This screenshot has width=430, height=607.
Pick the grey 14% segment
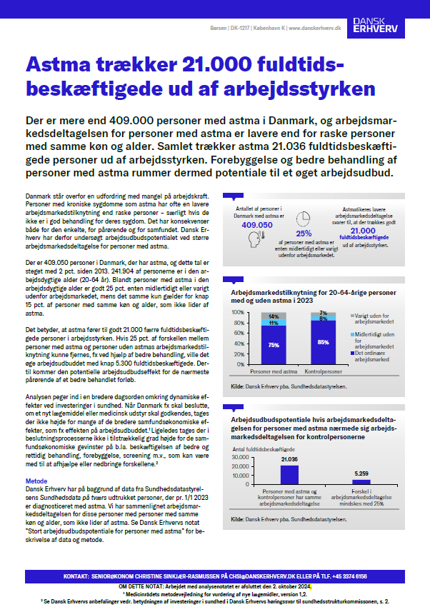pyautogui.click(x=273, y=316)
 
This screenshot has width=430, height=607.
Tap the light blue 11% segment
pyautogui.click(x=273, y=323)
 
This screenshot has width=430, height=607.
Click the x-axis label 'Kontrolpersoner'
pyautogui.click(x=323, y=373)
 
